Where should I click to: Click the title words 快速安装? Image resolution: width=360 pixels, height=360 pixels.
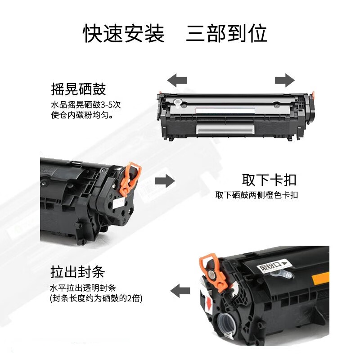coord(124,34)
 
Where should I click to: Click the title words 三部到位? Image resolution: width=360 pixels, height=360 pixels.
coord(227,34)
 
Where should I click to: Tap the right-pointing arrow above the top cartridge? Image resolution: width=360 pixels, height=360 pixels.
coord(284,81)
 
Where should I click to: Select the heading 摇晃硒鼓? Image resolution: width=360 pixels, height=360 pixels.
coord(78,89)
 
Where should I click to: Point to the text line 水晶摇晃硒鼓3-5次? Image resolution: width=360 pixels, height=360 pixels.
coord(86,105)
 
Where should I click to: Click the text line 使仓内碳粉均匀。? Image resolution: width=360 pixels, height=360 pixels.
coord(81,115)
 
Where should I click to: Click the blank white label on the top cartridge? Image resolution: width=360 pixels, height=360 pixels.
coord(225,110)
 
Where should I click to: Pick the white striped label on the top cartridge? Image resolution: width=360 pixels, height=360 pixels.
coord(225,129)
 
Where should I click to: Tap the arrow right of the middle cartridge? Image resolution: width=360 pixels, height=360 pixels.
coord(165,181)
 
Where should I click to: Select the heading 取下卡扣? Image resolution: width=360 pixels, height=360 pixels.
coord(269,180)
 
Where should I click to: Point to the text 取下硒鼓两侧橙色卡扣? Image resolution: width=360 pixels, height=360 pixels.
coord(256,195)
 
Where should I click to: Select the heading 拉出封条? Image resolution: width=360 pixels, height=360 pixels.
coord(77,272)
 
